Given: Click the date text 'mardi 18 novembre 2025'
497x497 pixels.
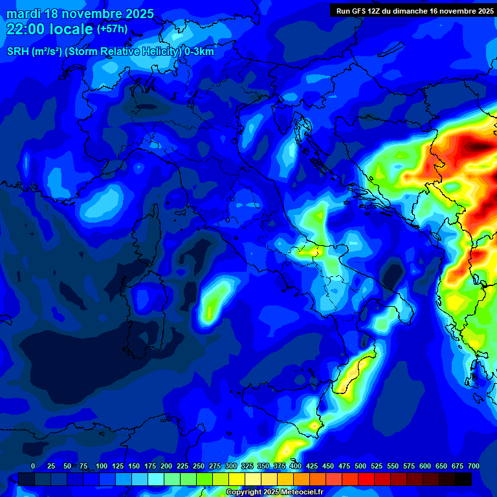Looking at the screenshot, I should [80, 14].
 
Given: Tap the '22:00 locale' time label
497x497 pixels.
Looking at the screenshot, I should [49, 29].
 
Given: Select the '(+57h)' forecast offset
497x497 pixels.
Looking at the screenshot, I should [113, 29].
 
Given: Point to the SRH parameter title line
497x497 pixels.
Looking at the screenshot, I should [111, 52].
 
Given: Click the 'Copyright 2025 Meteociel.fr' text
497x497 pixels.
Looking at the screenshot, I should [274, 492].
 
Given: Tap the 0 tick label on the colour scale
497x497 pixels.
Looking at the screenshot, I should [33, 466].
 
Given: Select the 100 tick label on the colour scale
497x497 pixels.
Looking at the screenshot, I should [102, 466].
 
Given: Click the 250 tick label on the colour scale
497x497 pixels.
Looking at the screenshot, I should [199, 466].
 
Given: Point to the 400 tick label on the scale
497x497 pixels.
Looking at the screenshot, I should [296, 466].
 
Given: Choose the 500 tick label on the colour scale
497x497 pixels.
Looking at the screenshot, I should [360, 466].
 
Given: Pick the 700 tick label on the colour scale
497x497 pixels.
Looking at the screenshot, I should [474, 466].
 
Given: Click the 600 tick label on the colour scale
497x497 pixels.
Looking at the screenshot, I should [425, 466].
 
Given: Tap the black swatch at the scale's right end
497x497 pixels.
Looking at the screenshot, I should [463, 479].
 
